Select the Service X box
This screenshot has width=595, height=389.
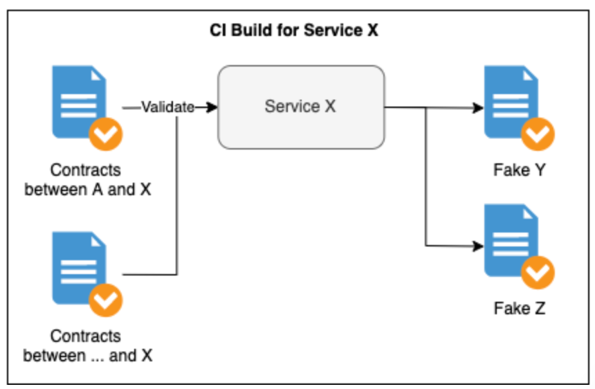[301, 107]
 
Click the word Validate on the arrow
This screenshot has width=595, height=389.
[167, 107]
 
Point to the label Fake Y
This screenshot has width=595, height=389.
[519, 170]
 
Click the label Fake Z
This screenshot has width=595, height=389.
[519, 308]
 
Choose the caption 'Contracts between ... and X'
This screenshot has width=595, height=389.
[87, 345]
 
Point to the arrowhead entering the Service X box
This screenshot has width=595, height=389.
[212, 107]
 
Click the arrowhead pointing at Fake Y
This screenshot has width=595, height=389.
[477, 108]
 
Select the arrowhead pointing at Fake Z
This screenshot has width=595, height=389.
[477, 246]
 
